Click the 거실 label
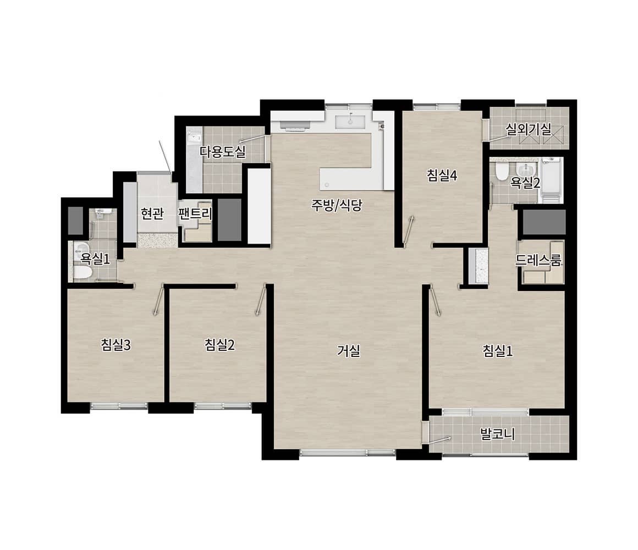click(x=349, y=351)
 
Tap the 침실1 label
click(x=498, y=351)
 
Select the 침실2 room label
click(x=219, y=345)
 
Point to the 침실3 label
click(x=116, y=345)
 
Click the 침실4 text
click(x=442, y=176)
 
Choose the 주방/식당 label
click(x=337, y=205)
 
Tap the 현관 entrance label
click(x=152, y=213)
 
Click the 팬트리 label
click(x=195, y=213)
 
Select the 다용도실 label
click(x=223, y=152)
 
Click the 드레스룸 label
click(x=538, y=260)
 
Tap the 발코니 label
click(x=498, y=434)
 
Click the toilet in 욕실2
click(x=501, y=172)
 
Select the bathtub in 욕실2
click(x=552, y=180)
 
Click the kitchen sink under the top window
click(x=350, y=121)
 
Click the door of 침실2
click(x=261, y=300)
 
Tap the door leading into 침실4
click(x=409, y=230)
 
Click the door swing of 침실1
click(x=435, y=301)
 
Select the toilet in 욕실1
click(x=82, y=272)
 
